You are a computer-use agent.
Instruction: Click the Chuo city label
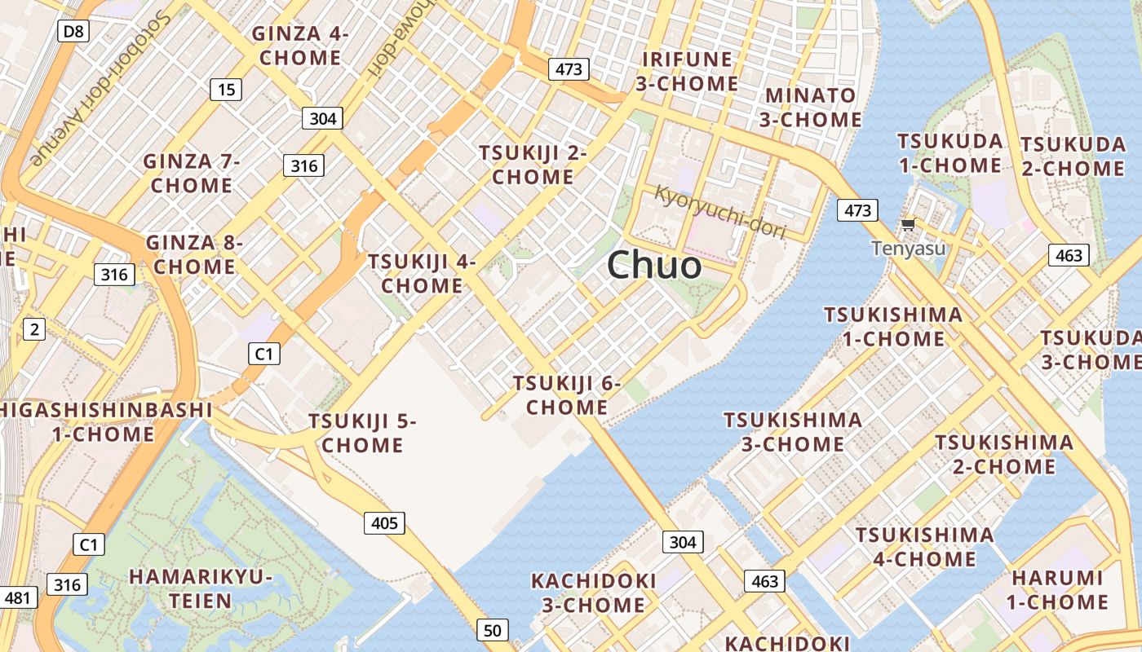point(654,266)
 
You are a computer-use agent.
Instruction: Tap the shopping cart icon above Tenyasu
point(908,223)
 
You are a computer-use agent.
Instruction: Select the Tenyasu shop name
point(909,248)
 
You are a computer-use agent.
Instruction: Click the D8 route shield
point(73,32)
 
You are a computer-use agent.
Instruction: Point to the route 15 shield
point(226,90)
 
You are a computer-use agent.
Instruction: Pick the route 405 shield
point(384,522)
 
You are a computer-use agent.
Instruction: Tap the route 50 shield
point(492,630)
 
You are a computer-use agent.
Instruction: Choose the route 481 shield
point(17,598)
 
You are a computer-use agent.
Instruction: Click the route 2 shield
point(33,329)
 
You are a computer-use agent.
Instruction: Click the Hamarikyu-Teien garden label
point(201,588)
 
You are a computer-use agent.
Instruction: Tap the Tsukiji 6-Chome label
point(567,394)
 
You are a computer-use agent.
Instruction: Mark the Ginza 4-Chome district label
point(300,46)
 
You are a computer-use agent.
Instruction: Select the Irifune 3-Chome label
point(689,71)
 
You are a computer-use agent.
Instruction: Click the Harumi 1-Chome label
point(1058,590)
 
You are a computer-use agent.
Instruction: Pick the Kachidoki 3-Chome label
point(594,593)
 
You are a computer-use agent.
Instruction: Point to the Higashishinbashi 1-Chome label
point(104,421)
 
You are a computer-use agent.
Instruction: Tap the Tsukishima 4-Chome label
point(925,547)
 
